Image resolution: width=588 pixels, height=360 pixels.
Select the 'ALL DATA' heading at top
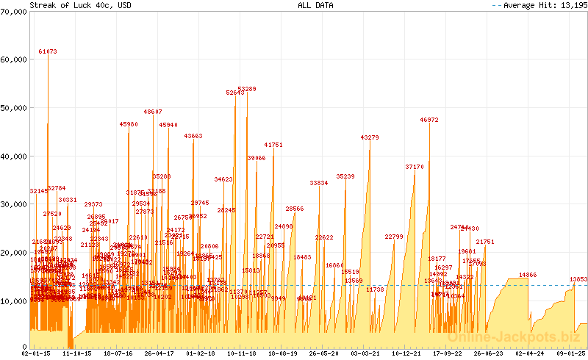(x=315, y=5)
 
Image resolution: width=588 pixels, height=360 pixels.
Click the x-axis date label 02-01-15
(x=37, y=354)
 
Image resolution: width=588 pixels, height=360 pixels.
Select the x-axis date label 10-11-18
(x=242, y=354)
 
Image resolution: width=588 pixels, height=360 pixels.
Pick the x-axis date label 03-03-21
(x=365, y=354)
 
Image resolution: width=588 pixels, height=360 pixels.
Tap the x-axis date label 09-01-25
(x=571, y=354)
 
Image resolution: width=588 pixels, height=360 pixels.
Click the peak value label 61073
(x=48, y=52)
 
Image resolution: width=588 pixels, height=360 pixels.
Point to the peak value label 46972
(x=429, y=120)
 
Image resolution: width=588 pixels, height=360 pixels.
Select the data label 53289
(x=247, y=89)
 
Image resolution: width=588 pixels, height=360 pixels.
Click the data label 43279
(x=370, y=137)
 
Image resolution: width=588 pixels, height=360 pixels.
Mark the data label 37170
(x=415, y=167)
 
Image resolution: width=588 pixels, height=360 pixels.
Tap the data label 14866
(x=528, y=275)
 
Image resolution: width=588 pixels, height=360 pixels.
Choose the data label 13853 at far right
(x=578, y=279)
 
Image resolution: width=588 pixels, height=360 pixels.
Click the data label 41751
(x=273, y=145)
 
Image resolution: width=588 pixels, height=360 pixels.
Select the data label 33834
(x=319, y=182)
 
